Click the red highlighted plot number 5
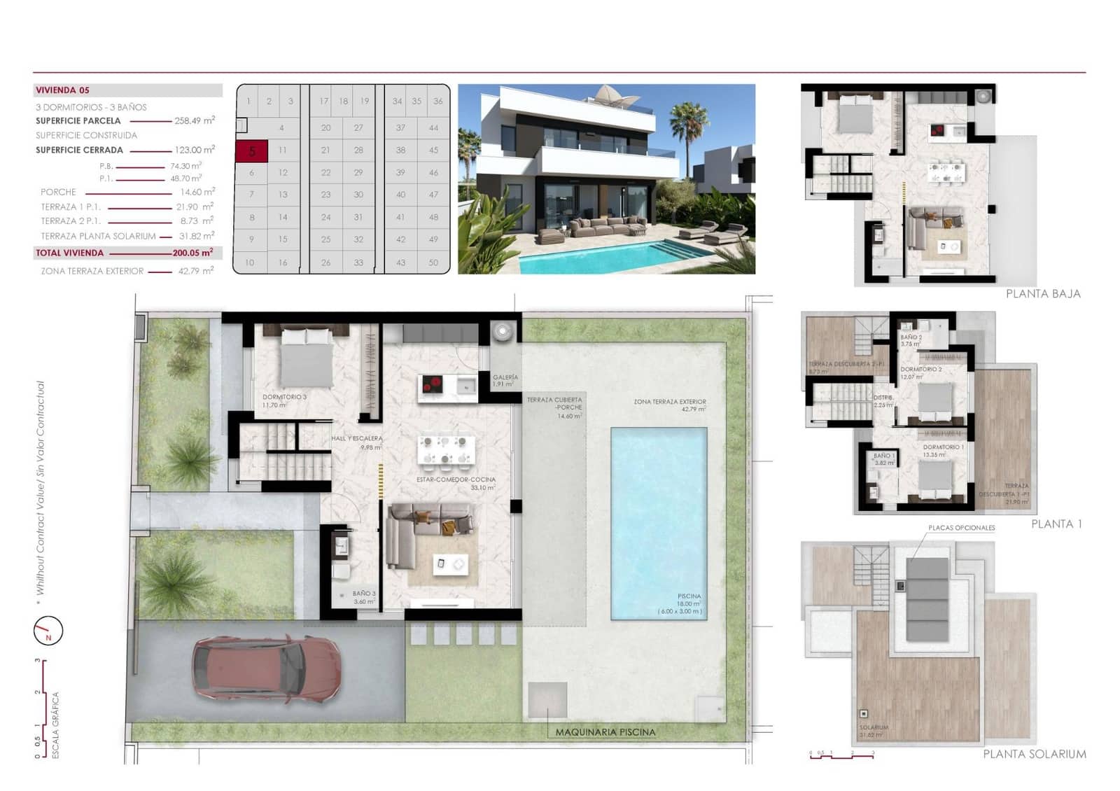tap(251, 150)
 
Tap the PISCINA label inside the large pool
tap(689, 596)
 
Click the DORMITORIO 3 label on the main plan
tap(284, 397)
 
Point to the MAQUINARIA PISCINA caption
tap(605, 732)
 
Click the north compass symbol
tap(48, 631)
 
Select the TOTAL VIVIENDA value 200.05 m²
tap(192, 253)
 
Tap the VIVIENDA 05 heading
tap(62, 90)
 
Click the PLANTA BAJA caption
tap(1043, 294)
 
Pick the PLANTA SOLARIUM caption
tap(1035, 754)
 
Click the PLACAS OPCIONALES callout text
tap(961, 528)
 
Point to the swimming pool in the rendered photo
tap(602, 255)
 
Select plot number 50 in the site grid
tap(433, 262)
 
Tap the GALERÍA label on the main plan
tap(505, 377)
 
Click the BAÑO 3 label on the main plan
tap(364, 594)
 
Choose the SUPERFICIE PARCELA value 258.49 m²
tap(195, 120)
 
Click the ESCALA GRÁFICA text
tap(56, 724)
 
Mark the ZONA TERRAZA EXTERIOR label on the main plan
tap(670, 402)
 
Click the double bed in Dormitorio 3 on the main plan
tap(307, 357)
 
